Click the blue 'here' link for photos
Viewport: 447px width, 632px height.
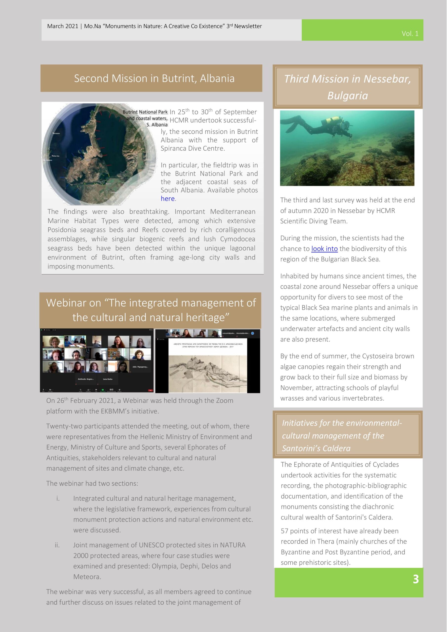[x=167, y=198]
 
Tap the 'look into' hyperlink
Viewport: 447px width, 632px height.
[x=324, y=249]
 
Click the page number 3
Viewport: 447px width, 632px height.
[x=416, y=579]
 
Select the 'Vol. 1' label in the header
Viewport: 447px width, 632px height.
[x=410, y=34]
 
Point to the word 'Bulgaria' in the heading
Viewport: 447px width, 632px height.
[x=347, y=96]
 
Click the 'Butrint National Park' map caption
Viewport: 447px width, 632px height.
[x=145, y=112]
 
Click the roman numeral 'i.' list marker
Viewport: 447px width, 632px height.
[x=58, y=498]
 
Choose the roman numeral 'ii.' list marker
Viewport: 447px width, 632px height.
[x=57, y=545]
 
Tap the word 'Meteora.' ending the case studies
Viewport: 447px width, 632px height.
[x=87, y=577]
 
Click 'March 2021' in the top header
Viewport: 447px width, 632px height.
[x=62, y=26]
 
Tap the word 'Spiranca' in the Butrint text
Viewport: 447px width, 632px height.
[x=173, y=148]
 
